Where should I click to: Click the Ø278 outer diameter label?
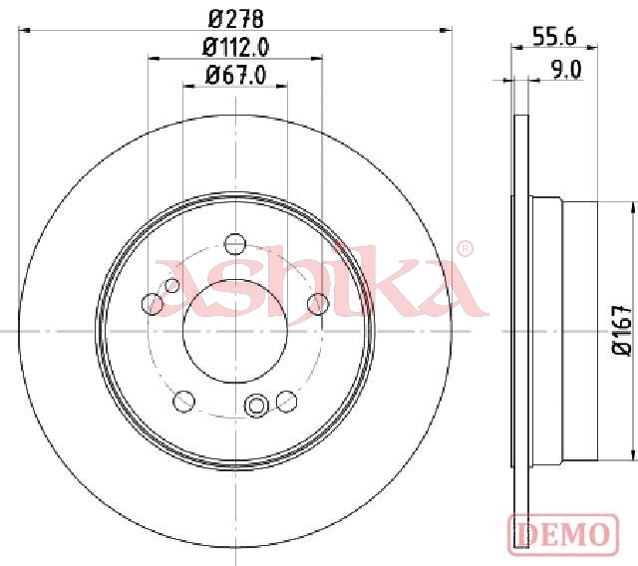point(236,19)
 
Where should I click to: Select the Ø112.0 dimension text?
point(236,48)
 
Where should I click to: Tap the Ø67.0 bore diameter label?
point(236,75)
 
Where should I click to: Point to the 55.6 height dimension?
point(554,38)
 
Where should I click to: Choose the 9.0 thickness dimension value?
point(566,70)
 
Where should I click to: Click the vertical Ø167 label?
point(622,331)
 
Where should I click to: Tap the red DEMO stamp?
point(563,534)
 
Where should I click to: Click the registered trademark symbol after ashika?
point(466,248)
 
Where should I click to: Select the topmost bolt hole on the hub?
point(235,244)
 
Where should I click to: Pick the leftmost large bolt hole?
point(153,303)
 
